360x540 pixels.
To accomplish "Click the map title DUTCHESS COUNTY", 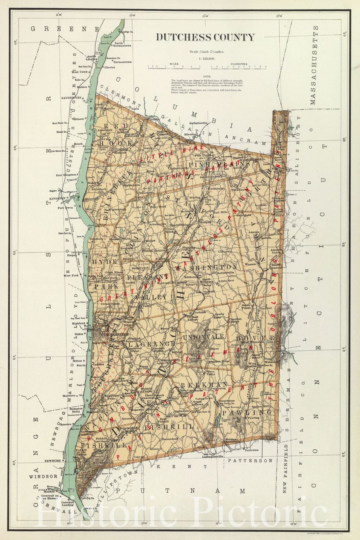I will tap(205, 37).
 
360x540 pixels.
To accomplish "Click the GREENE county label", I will tap(64, 29).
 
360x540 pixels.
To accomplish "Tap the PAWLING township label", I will tap(256, 412).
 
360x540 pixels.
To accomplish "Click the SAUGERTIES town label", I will tap(71, 98).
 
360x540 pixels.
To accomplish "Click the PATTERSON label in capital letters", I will tap(250, 460).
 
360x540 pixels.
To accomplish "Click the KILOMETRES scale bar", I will tap(239, 67).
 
